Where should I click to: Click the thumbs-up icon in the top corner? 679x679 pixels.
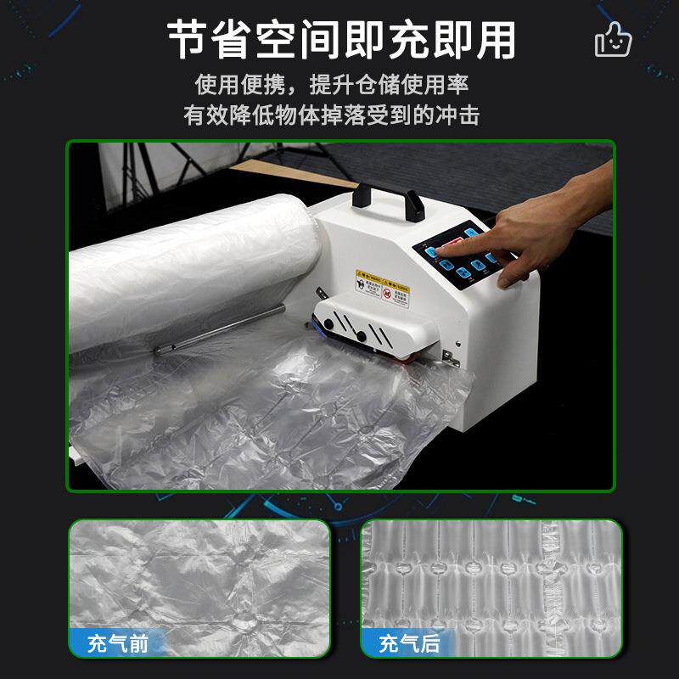click(x=613, y=38)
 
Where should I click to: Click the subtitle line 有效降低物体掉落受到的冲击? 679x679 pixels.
click(x=332, y=115)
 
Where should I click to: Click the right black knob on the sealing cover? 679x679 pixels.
click(x=362, y=336)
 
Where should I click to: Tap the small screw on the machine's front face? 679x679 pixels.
click(x=459, y=344)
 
